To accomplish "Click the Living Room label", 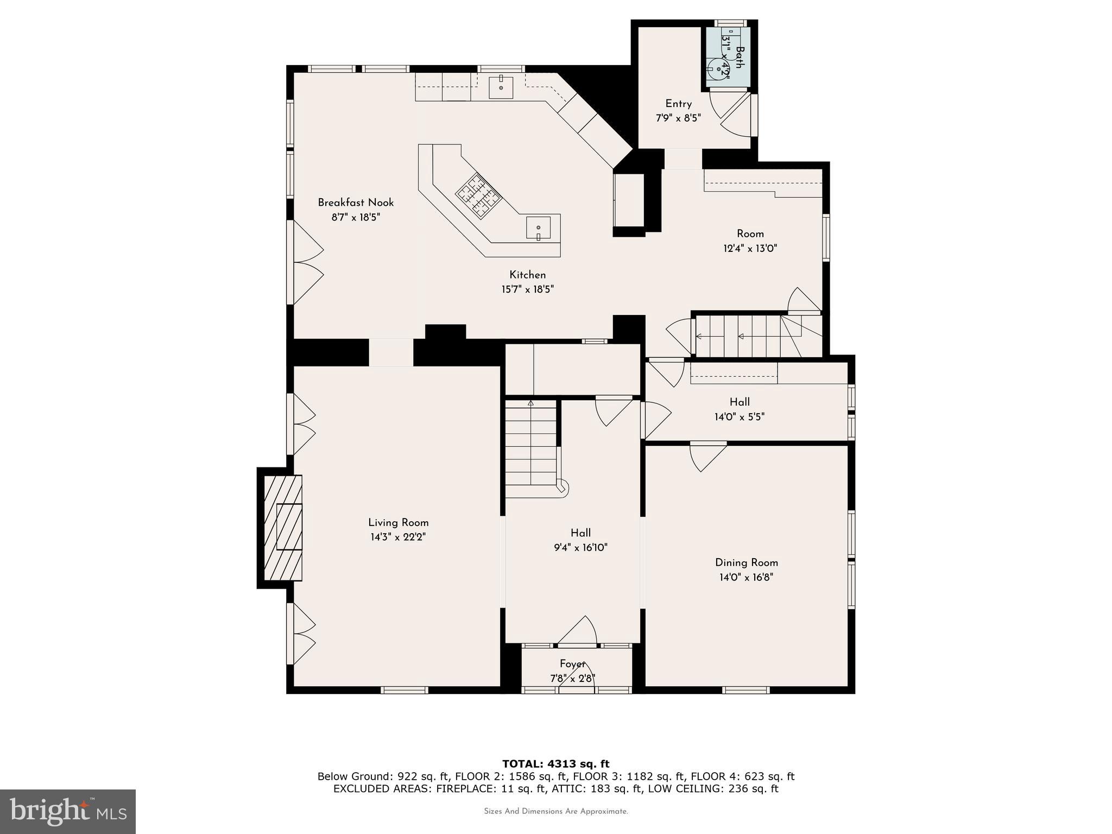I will coord(398,522).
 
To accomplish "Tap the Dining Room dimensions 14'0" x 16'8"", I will coord(746,577).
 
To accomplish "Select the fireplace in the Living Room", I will coord(283,528).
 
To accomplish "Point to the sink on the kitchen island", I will coord(538,228).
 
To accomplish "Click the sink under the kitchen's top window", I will coord(501,87).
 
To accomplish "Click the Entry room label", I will coord(678,104).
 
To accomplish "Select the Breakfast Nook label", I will coord(356,203).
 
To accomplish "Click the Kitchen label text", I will coord(527,275).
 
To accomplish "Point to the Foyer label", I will coord(572,664).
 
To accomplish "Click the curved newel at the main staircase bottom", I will coord(563,487).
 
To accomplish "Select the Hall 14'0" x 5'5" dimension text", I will coord(739,417).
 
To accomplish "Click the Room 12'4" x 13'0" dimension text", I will coord(750,249).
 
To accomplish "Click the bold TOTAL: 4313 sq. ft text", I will coord(555,764).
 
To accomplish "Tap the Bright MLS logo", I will coord(68,811).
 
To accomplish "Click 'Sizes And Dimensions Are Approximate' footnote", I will coord(555,811).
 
